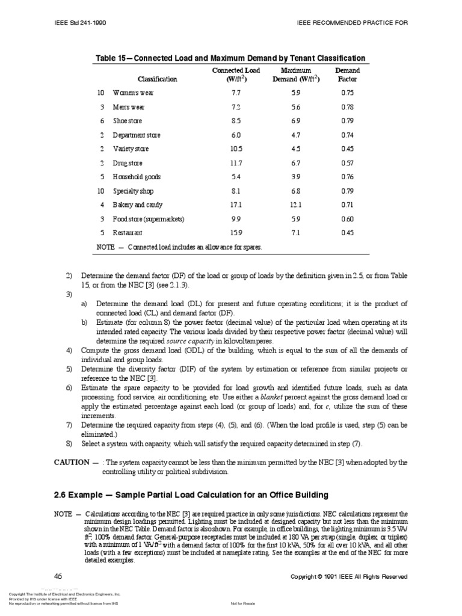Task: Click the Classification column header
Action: click(157, 79)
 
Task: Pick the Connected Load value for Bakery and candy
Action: click(236, 205)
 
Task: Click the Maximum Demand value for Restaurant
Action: click(295, 233)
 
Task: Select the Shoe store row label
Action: click(128, 121)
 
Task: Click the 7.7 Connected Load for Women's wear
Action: click(236, 93)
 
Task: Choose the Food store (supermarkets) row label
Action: click(149, 219)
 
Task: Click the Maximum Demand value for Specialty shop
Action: click(295, 191)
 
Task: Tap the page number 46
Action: click(58, 576)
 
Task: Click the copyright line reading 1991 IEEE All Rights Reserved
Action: click(349, 576)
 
